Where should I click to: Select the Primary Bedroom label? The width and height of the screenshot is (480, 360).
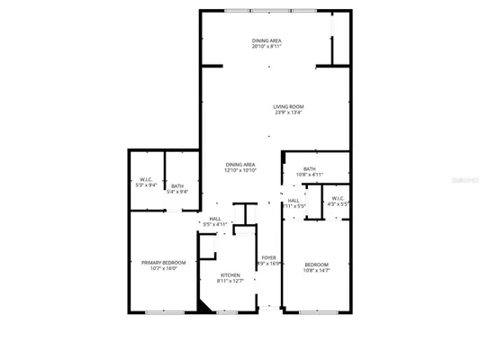coord(163,263)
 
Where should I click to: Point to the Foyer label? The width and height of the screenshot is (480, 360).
coord(268,258)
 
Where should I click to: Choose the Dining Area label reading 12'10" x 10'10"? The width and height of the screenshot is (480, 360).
coord(240,164)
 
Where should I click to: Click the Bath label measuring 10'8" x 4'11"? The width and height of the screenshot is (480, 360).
coord(309,168)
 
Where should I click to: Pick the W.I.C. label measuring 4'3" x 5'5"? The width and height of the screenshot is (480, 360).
coord(337,198)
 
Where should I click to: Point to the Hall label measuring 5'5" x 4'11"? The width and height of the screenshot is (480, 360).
coord(215,219)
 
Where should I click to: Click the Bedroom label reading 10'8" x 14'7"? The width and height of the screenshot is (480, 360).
coord(315,264)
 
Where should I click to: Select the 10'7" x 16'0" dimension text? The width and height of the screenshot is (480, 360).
coord(163,268)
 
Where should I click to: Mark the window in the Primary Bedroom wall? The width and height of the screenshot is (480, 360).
coord(163,312)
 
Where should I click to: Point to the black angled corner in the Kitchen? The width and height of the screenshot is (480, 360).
coord(204,307)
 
